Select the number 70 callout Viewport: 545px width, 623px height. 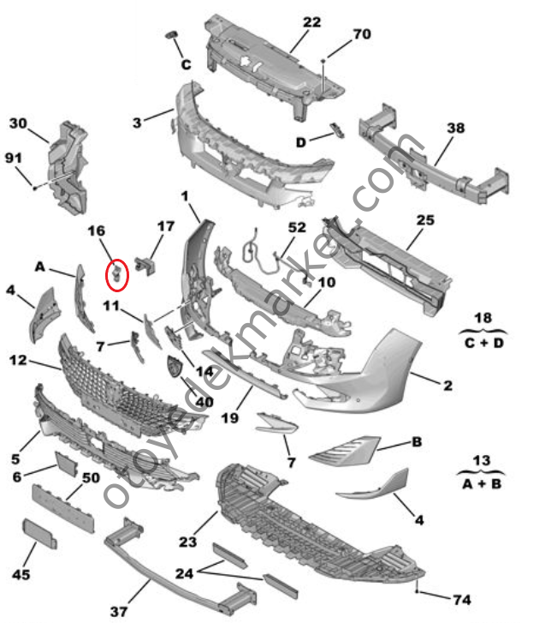coord(361,35)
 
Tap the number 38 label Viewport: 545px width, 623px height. coord(455,128)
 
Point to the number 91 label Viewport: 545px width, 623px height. coord(14,157)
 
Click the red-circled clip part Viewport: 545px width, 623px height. coord(118,273)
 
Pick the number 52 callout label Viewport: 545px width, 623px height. coord(296,229)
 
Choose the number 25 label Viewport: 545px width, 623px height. coord(425,220)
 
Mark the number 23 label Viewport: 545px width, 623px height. coord(189,542)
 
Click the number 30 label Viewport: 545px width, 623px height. coord(18,123)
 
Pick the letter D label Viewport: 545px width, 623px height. coord(300,141)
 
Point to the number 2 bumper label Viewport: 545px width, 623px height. coord(447,387)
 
